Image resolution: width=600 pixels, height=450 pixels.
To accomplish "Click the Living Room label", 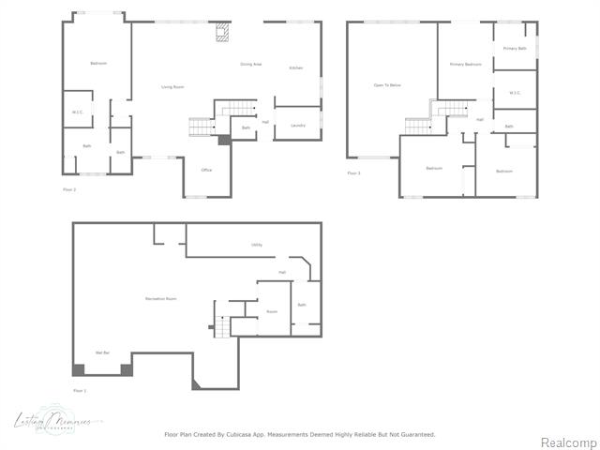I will [172, 86].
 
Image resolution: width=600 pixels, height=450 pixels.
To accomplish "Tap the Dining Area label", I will [250, 64].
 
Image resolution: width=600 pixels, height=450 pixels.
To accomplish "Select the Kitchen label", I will [295, 68].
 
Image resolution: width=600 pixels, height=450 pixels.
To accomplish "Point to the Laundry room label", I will [298, 125].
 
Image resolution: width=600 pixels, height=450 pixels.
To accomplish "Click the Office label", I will [206, 170].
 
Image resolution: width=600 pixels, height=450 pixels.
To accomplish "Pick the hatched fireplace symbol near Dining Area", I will [221, 34].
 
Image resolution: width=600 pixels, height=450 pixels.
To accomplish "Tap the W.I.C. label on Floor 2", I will [78, 112].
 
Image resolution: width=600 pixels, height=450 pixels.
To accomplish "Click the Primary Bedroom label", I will [464, 64].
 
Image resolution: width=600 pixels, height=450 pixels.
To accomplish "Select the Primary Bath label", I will [515, 48].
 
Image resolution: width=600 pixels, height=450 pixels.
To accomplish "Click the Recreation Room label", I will [161, 298].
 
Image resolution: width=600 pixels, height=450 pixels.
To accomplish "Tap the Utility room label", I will [256, 245].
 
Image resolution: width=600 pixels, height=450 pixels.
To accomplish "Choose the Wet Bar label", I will [103, 352].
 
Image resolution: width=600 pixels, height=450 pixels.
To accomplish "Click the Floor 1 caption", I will [80, 390].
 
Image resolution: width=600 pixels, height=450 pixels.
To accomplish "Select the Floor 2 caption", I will [69, 189].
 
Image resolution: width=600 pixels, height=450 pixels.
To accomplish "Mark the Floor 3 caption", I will [353, 172].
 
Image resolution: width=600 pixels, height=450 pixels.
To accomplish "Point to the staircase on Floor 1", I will [221, 327].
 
